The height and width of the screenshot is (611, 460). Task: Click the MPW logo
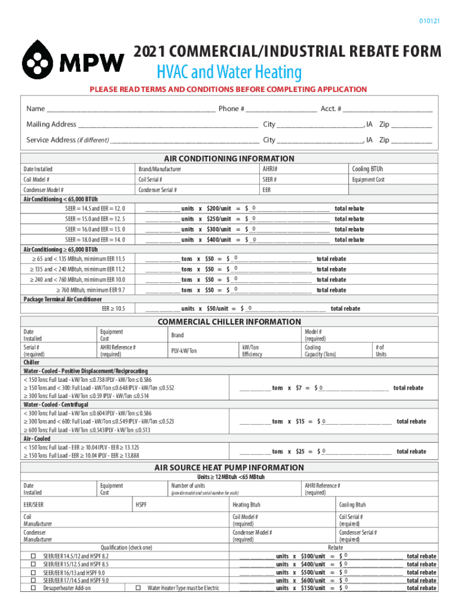[73, 60]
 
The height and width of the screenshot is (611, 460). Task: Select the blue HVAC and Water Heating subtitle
[229, 73]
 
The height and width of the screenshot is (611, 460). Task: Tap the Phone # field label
[231, 109]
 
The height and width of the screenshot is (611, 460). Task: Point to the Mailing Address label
[51, 124]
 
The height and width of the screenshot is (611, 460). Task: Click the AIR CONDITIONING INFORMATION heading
[229, 159]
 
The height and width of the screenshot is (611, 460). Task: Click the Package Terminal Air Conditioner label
[63, 299]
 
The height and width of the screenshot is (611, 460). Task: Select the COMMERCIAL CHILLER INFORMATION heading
[229, 322]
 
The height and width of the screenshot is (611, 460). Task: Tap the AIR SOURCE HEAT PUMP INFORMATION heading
[229, 468]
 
